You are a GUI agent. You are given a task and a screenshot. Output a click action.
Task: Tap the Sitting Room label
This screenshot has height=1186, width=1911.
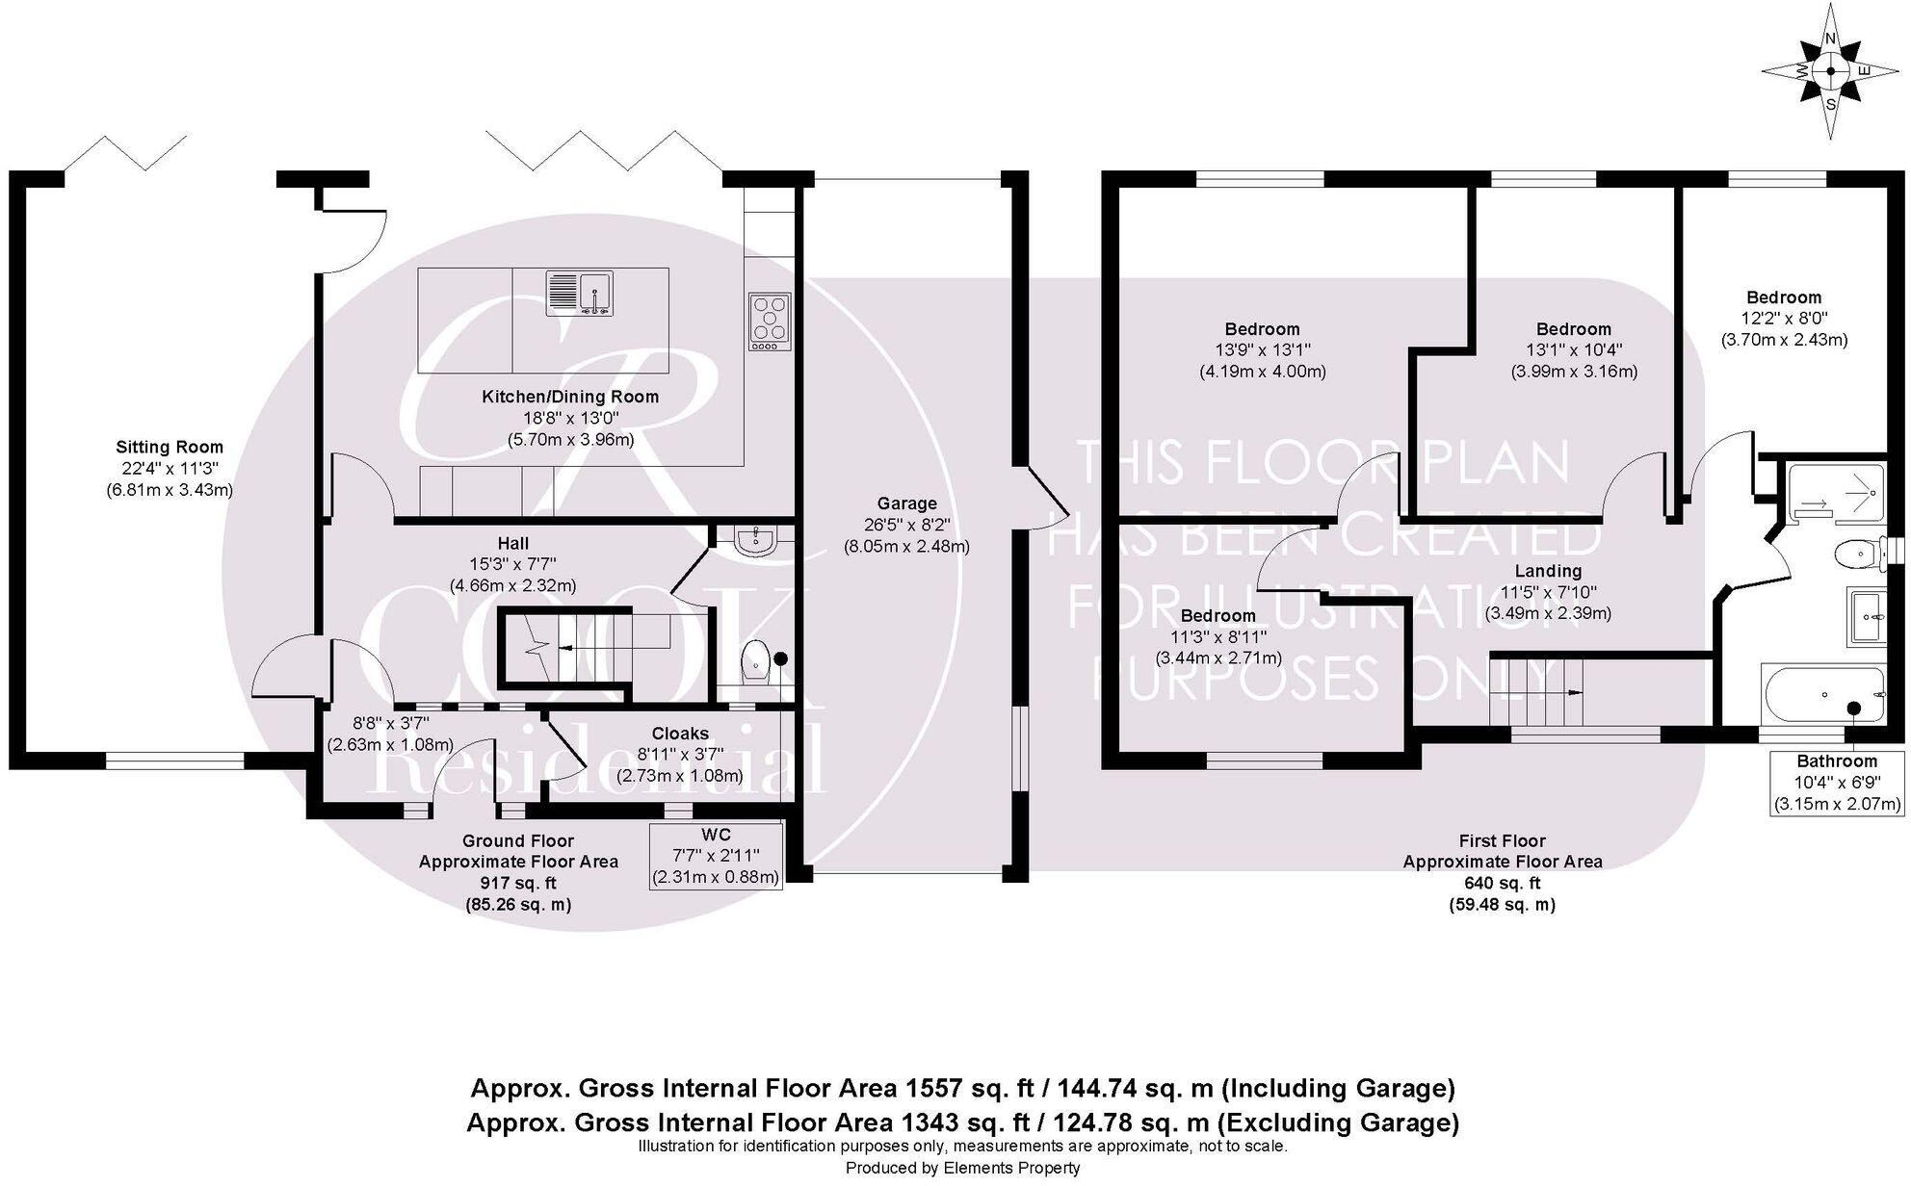pyautogui.click(x=170, y=447)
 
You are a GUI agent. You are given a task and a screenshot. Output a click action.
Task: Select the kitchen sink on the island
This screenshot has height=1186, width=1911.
pyautogui.click(x=579, y=293)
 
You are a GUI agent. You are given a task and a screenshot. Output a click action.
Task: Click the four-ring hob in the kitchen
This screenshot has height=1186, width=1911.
pyautogui.click(x=770, y=321)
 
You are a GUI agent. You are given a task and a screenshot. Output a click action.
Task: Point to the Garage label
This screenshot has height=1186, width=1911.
pyautogui.click(x=906, y=503)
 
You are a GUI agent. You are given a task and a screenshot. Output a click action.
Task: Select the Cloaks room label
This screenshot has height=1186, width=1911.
pyautogui.click(x=680, y=734)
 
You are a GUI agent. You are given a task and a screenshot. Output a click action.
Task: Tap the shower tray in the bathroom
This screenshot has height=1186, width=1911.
pyautogui.click(x=1836, y=494)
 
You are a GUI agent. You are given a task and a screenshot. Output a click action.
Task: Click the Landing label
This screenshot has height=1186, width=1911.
pyautogui.click(x=1548, y=571)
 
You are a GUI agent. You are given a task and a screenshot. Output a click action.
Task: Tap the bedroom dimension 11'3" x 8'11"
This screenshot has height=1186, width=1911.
pyautogui.click(x=1218, y=637)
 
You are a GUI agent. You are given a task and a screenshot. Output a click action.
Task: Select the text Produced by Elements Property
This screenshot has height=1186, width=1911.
pyautogui.click(x=962, y=1168)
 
